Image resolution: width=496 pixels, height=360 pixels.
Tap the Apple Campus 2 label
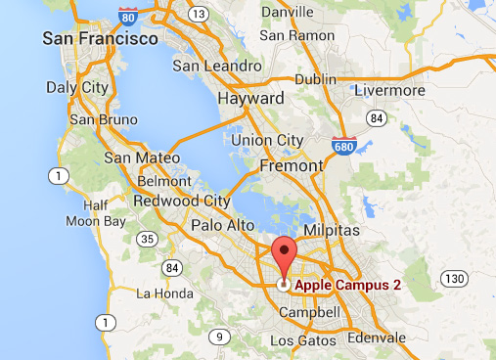tap(347, 285)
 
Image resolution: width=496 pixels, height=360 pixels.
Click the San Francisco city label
tap(101, 39)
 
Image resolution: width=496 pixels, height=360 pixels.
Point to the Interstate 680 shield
tap(341, 145)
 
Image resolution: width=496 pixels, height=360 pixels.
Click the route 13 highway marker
tap(200, 14)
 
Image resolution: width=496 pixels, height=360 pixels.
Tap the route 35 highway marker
tap(148, 238)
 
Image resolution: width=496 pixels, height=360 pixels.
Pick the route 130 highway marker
tap(452, 279)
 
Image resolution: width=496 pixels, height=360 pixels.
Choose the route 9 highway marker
tap(220, 337)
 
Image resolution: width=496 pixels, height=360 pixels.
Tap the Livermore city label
tap(395, 90)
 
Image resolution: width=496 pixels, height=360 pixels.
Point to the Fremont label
tap(292, 165)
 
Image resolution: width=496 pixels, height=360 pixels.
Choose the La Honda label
tap(159, 292)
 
